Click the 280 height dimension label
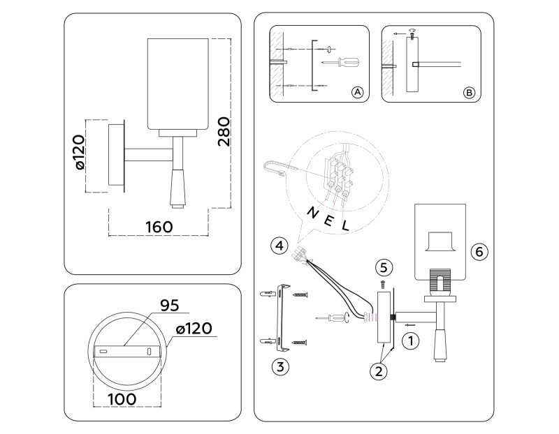[224, 131]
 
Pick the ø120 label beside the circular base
[194, 328]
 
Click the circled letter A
[356, 92]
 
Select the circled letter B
[469, 92]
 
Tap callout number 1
[412, 341]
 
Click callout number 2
[378, 371]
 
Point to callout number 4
[279, 246]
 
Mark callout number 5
[382, 267]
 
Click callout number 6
[477, 251]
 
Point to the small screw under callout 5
[383, 283]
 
